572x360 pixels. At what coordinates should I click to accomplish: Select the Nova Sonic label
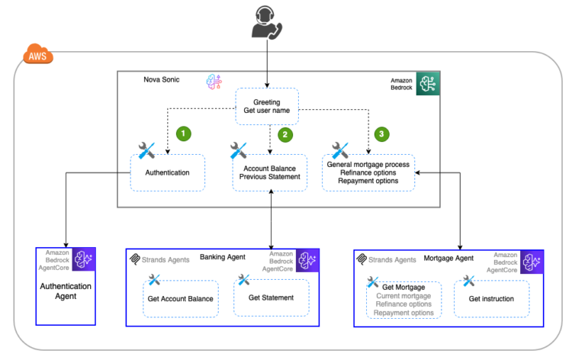[162, 80]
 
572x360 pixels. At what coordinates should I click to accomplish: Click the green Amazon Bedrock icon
[427, 84]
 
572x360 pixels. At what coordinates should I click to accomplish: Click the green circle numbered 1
[183, 133]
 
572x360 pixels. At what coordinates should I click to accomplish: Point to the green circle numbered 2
[285, 134]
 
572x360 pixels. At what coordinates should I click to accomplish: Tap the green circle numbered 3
[382, 134]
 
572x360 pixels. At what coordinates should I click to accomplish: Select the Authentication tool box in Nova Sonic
[168, 172]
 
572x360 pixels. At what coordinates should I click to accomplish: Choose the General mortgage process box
[368, 172]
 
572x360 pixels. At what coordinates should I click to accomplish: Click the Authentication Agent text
[66, 292]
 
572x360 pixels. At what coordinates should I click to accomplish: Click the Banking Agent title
[222, 258]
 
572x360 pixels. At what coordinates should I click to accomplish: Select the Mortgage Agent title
[448, 259]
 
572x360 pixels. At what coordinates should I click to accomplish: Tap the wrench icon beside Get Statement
[243, 281]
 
